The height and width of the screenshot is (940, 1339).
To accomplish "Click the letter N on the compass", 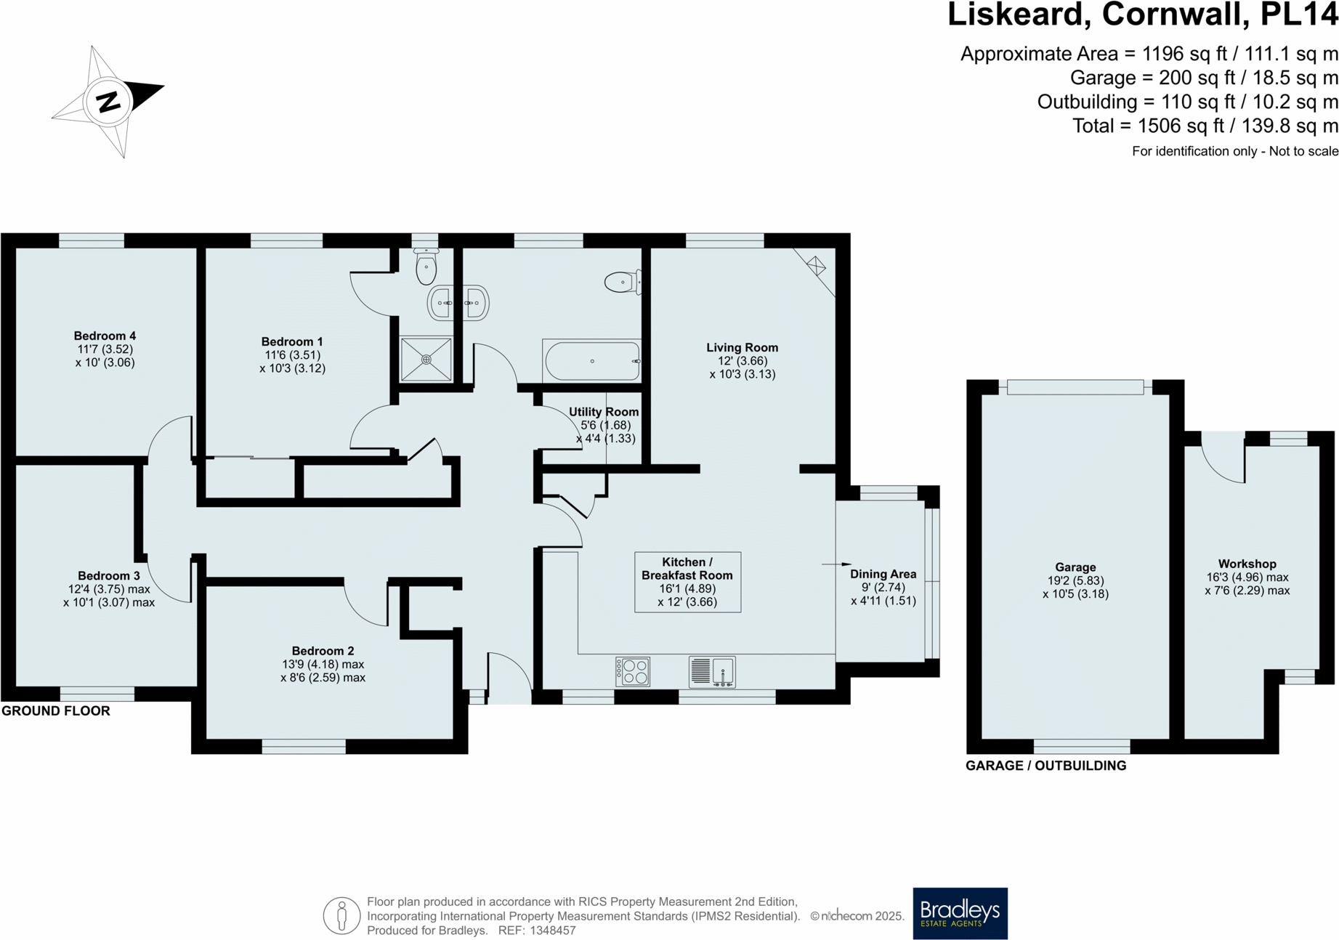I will (108, 102).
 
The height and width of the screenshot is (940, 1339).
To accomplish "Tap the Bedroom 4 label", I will (105, 336).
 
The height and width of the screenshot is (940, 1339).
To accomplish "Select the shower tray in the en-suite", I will (426, 360).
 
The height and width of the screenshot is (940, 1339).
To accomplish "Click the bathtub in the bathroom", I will (592, 361).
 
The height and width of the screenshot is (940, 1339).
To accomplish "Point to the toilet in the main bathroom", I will (622, 282).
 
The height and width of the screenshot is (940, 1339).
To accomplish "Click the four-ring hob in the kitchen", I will (632, 671).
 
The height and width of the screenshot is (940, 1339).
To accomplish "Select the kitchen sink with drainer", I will (712, 671).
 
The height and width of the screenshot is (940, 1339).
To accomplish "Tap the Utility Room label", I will (604, 412).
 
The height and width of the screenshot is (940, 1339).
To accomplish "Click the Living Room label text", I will (742, 347).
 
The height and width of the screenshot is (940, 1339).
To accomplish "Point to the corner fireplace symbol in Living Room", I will (817, 266).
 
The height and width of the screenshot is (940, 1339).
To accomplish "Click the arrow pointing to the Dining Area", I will (836, 564).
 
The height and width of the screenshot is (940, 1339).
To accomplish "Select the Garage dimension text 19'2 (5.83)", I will (1075, 580).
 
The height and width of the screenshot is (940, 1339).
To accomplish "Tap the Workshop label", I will (1247, 564).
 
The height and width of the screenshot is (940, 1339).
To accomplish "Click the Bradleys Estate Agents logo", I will (960, 912).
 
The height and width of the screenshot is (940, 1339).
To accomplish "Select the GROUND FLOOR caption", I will (56, 711).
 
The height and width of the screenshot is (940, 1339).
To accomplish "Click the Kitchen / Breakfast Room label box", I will (687, 582).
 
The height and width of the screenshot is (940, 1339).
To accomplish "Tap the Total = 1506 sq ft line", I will (1205, 126).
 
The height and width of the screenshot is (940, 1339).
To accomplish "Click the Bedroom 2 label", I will (323, 651).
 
